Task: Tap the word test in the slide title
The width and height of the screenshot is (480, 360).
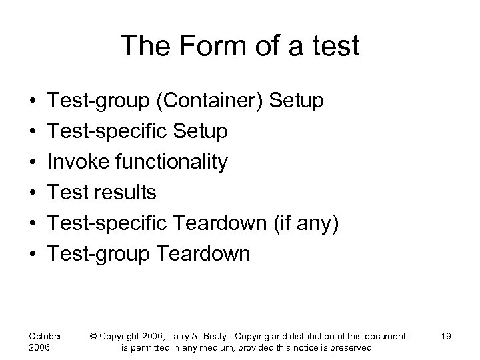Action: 334,47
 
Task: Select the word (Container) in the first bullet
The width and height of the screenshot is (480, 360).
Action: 204,101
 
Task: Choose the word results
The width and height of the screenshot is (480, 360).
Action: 125,193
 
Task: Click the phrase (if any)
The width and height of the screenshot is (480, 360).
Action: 307,223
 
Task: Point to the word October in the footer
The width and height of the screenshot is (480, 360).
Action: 46,336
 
